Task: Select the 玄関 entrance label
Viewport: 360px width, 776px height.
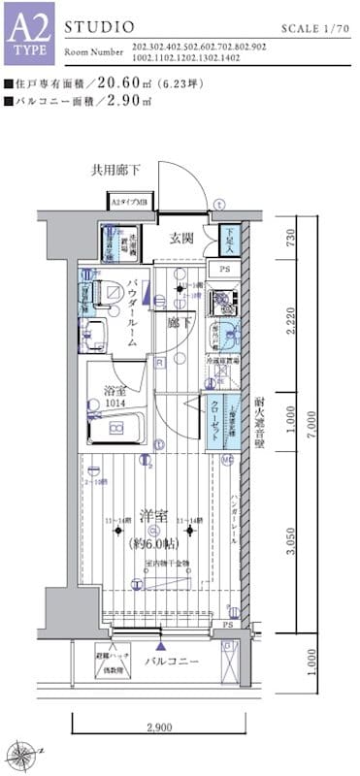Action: [181, 238]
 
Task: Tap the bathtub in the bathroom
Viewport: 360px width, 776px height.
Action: [115, 427]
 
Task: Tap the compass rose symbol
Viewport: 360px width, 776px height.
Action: [21, 751]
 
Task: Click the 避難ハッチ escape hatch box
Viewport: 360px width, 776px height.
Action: [117, 659]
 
